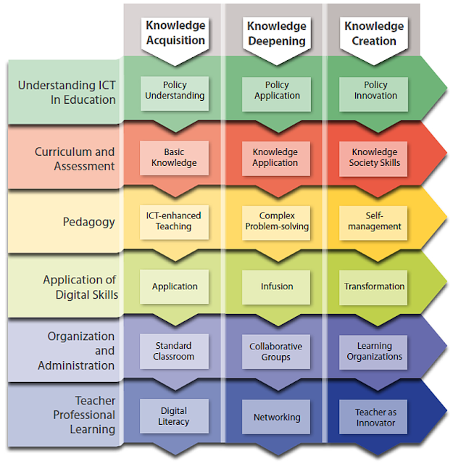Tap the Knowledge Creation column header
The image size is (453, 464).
(x=374, y=32)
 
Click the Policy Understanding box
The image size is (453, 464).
(x=175, y=91)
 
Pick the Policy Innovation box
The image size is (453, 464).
(x=375, y=91)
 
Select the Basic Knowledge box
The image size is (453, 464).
(x=175, y=157)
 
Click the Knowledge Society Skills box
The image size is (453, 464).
(x=375, y=157)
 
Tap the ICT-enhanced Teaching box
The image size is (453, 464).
(x=175, y=221)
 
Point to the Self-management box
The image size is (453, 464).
(x=375, y=221)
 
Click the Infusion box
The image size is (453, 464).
(x=277, y=286)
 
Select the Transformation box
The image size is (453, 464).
(x=375, y=286)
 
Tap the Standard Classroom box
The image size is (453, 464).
(x=175, y=352)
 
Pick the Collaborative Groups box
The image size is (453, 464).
(x=275, y=352)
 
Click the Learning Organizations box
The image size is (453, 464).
(x=375, y=352)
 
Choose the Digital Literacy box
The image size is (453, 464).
(x=174, y=416)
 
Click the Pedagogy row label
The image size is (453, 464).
(x=89, y=222)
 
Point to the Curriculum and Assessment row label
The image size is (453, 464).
(x=75, y=159)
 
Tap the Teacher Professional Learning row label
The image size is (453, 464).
(x=85, y=415)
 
